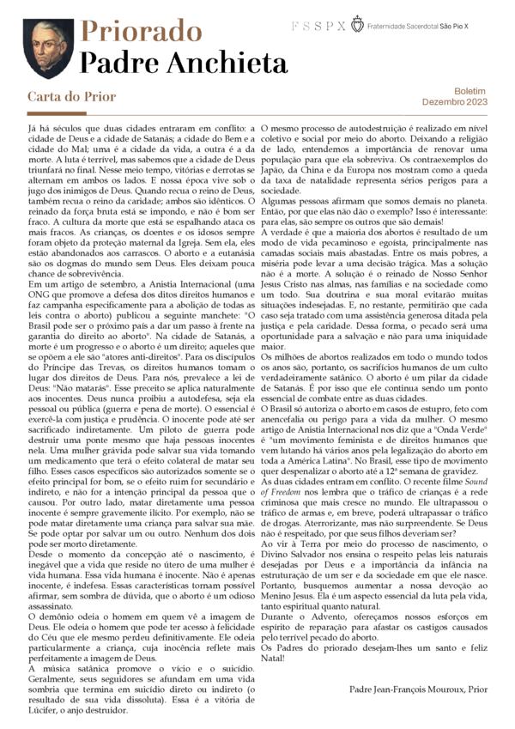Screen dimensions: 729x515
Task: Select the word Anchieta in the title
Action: point(233,63)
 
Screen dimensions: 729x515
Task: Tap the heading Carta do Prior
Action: point(71,97)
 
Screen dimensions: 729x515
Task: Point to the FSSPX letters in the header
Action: point(318,27)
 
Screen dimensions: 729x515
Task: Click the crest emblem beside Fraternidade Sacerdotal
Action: point(358,27)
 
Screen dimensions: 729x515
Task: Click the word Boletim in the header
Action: point(470,90)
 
